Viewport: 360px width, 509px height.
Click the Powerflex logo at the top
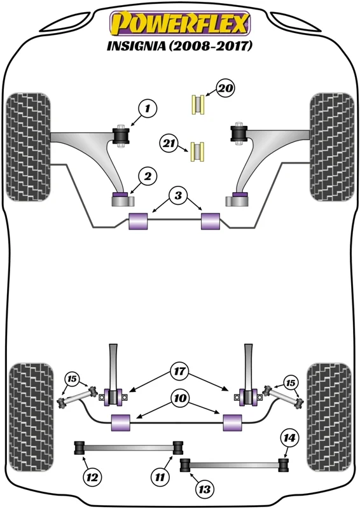tap(180, 23)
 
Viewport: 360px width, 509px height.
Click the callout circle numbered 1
tap(148, 108)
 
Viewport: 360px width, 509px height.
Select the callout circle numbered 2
tap(148, 176)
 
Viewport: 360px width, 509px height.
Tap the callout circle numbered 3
tap(178, 196)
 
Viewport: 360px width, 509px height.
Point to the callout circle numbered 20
tap(226, 88)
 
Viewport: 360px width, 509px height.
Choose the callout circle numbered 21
tap(169, 143)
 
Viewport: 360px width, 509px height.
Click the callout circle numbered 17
tap(179, 371)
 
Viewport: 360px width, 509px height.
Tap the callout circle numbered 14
tap(289, 438)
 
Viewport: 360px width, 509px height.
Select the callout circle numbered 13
tap(205, 489)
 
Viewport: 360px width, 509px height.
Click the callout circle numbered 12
tap(92, 477)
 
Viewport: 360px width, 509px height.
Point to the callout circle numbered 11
tap(160, 477)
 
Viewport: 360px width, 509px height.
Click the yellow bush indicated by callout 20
tap(198, 104)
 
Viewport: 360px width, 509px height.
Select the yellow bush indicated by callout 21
tap(197, 151)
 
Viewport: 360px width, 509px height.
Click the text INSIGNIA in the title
tap(136, 46)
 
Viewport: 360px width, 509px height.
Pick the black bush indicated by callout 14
tap(284, 465)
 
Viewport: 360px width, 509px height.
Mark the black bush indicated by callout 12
tap(80, 448)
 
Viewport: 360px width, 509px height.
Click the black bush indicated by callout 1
tap(121, 136)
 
